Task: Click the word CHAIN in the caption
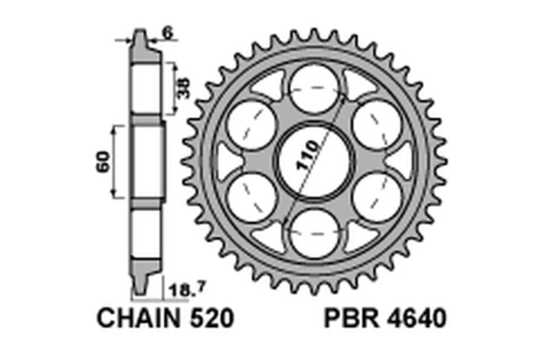(x=137, y=319)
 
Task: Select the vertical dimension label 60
(x=103, y=162)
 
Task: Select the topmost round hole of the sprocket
(x=314, y=88)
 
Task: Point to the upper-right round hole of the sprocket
(x=377, y=125)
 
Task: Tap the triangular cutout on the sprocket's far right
(x=400, y=161)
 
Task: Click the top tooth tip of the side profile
(x=140, y=32)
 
